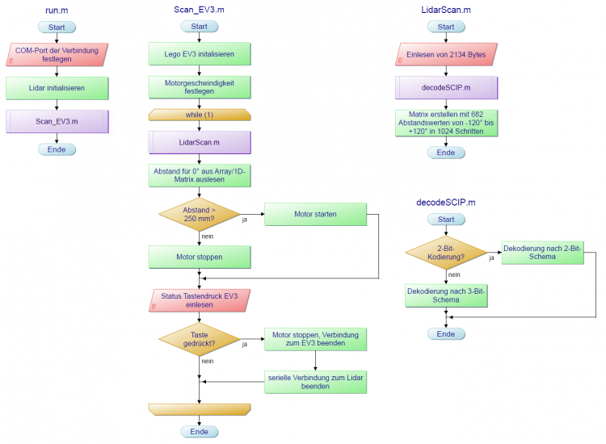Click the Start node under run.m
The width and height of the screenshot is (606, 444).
[57, 27]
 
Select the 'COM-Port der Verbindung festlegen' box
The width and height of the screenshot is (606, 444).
[57, 56]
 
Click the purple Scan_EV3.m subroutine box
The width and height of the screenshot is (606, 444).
[57, 121]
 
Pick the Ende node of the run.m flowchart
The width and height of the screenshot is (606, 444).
[57, 149]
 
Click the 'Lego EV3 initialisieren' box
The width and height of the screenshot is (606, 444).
[199, 54]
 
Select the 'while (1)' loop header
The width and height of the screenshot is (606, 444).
[199, 115]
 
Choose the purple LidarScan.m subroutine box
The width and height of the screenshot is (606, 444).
[199, 142]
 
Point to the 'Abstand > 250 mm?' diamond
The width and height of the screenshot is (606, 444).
[199, 214]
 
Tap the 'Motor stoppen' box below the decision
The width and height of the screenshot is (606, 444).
[199, 257]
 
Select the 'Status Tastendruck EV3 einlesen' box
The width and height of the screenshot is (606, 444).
[199, 301]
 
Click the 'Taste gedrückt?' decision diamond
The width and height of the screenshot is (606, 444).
[199, 340]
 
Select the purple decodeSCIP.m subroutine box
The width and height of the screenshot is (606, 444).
[446, 87]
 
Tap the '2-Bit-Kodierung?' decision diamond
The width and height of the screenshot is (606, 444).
[446, 252]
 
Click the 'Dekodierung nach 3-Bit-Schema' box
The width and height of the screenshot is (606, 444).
[446, 295]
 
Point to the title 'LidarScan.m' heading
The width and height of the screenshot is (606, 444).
[446, 10]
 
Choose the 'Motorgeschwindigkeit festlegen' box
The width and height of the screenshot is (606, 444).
[199, 86]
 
